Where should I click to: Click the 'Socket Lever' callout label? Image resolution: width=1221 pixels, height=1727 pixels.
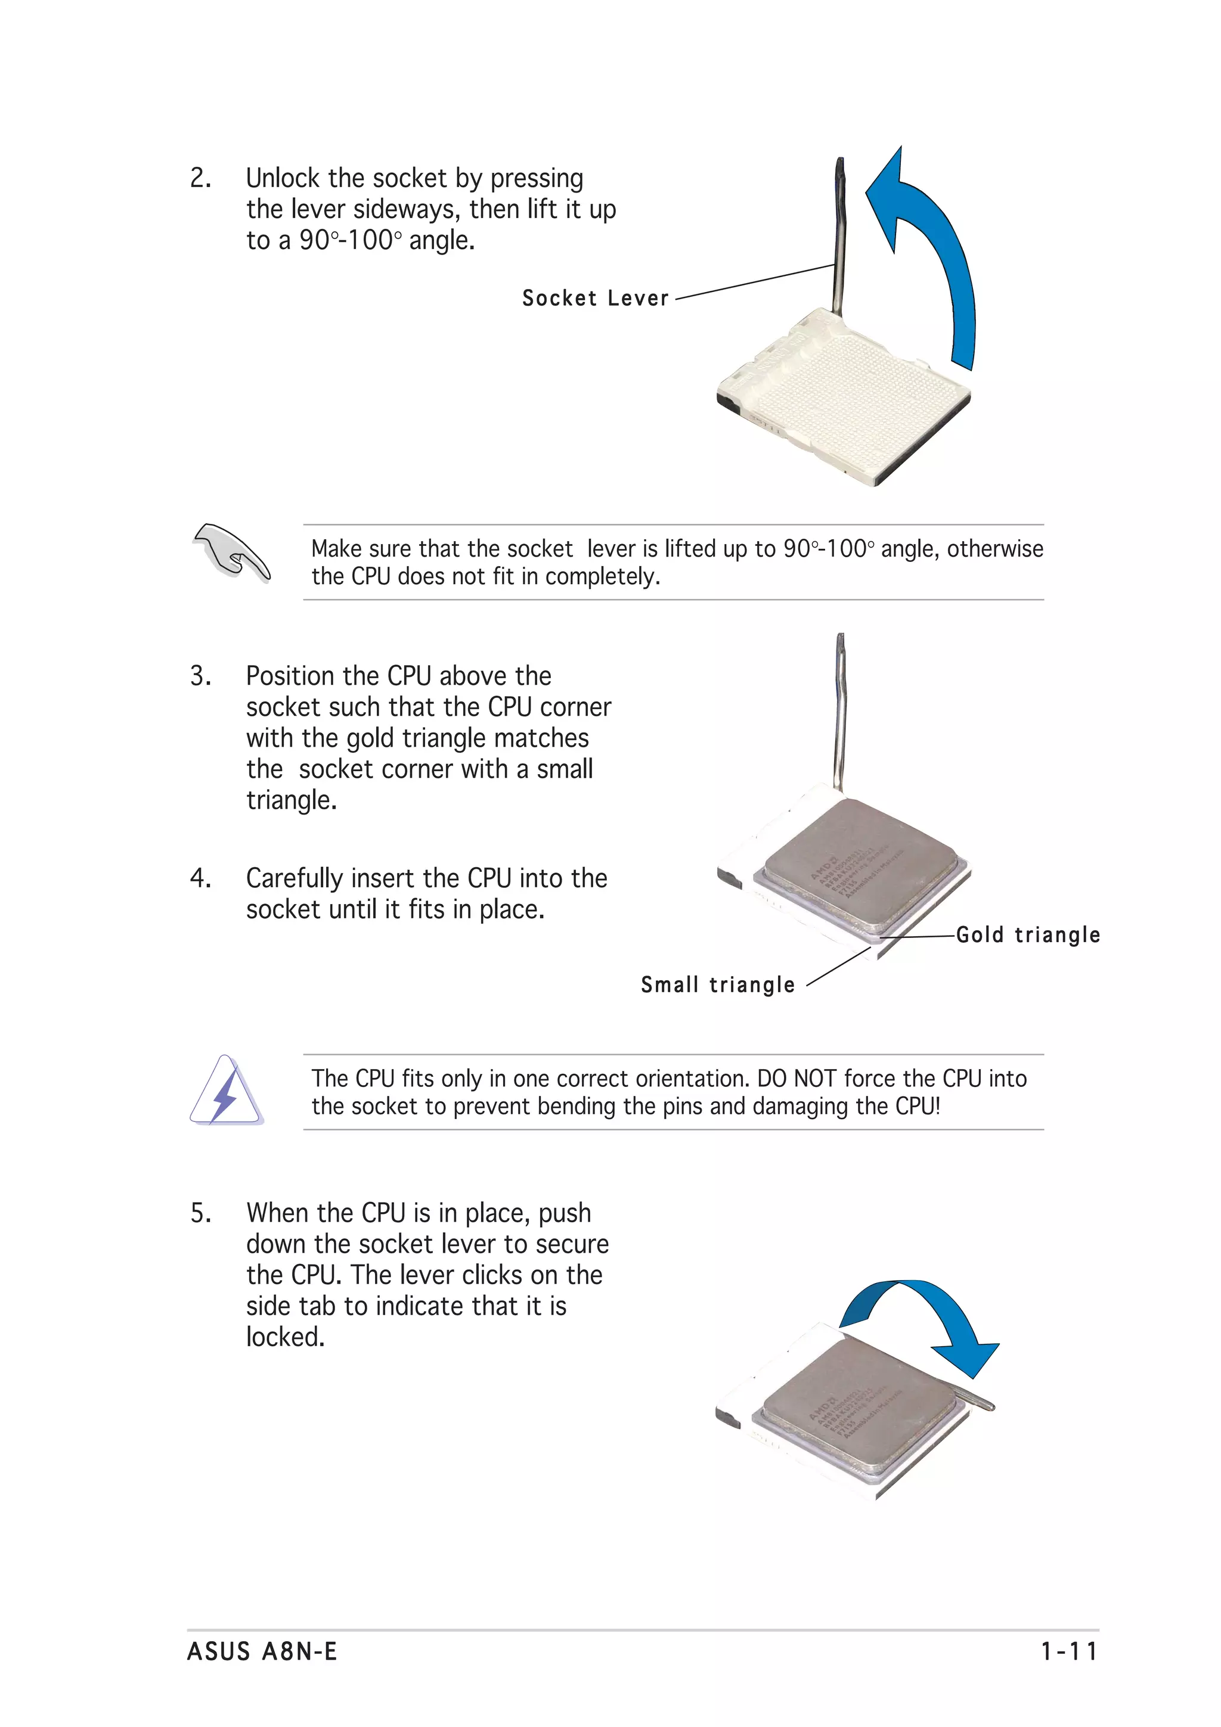[595, 299]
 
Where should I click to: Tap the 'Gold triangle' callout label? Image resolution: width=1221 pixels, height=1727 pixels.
[1028, 935]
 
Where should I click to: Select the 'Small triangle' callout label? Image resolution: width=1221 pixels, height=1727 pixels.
[718, 984]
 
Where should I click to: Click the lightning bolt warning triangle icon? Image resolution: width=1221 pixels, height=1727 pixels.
[226, 1091]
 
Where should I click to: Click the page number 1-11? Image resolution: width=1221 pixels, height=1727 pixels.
[1069, 1652]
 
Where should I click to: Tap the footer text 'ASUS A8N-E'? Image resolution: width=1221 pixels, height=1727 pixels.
[262, 1652]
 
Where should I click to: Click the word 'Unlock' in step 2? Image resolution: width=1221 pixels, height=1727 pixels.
[283, 179]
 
